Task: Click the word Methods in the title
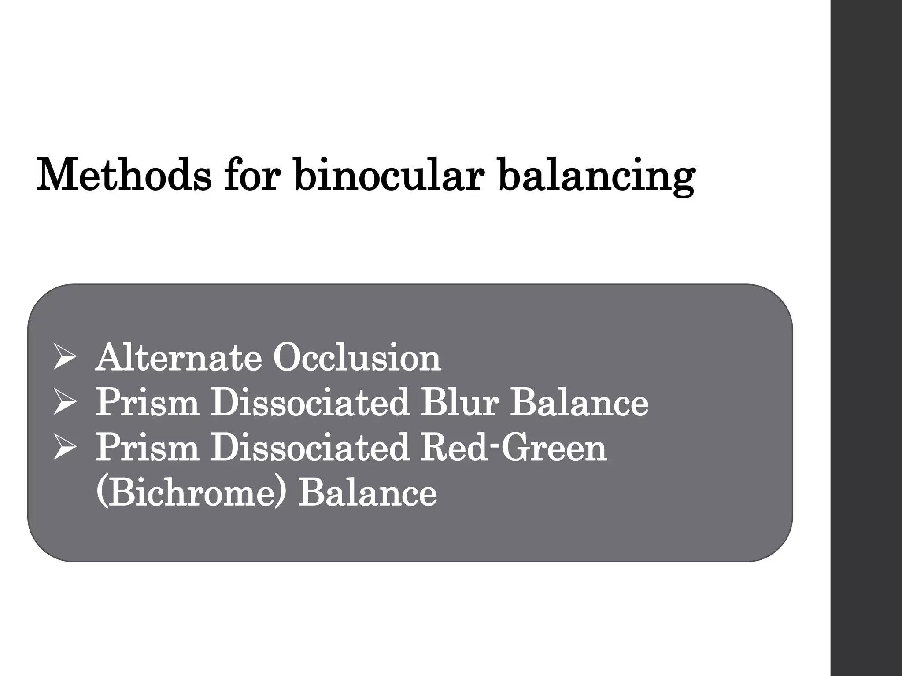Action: pos(124,175)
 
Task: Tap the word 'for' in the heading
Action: pos(251,175)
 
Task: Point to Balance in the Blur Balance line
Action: pos(579,402)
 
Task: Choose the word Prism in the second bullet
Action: pos(147,402)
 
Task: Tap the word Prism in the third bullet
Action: pos(147,447)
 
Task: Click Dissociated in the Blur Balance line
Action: pos(310,402)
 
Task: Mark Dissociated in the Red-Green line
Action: pos(310,447)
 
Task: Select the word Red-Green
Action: pos(514,447)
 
